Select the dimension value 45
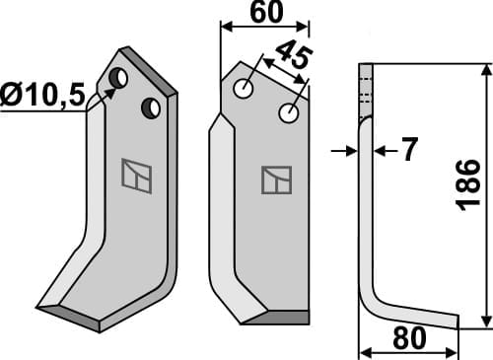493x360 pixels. (287, 57)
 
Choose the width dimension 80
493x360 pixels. (407, 338)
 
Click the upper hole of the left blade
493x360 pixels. (117, 77)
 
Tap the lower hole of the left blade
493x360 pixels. (150, 107)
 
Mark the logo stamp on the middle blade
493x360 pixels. (275, 180)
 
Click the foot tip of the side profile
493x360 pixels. (455, 321)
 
